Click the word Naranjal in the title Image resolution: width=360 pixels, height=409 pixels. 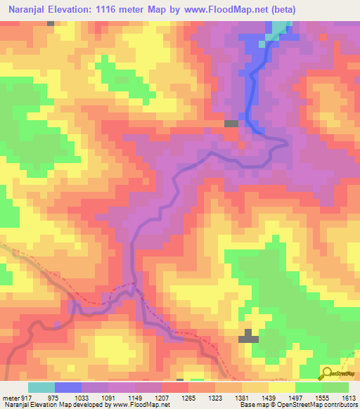(x=29, y=10)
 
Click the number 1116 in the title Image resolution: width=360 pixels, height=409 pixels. (x=115, y=10)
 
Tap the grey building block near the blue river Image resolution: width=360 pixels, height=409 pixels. (x=231, y=124)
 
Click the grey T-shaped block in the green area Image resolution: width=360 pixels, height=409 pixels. (x=248, y=336)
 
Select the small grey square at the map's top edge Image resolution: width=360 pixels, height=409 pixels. (x=51, y=23)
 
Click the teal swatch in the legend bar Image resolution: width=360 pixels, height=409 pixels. (x=41, y=387)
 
